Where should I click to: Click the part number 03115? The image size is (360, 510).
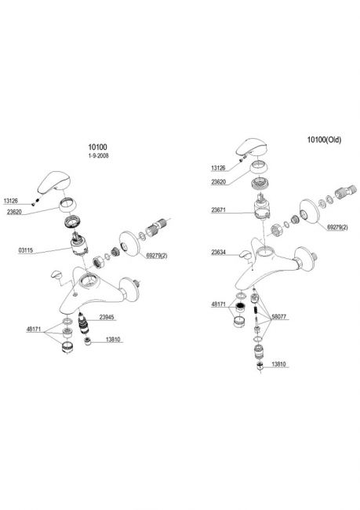pos(26,250)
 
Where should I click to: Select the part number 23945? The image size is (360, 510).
pos(107,317)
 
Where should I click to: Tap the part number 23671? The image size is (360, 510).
pos(219,210)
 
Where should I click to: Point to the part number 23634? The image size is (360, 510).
pos(219,252)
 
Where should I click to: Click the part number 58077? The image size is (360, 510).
pos(279,316)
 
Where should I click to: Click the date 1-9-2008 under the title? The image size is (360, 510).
pos(98,156)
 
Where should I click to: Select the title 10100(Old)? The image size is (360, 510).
pos(324,140)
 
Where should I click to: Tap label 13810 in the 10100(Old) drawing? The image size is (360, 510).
pos(278,364)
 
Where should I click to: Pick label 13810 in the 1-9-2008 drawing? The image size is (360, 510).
pos(113,340)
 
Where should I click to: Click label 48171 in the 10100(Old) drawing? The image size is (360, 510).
pos(219,304)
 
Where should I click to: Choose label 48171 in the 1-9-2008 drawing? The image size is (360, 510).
pos(34,330)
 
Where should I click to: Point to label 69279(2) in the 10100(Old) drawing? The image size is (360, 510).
pos(337,228)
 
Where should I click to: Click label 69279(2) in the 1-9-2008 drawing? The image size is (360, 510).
pos(157,256)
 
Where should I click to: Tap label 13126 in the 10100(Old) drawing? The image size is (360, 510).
pos(218,168)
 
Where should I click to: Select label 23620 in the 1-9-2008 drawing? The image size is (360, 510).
pos(14,212)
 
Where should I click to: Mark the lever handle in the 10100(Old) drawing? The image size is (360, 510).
pos(252,148)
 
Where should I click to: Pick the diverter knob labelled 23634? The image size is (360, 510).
pos(245,255)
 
